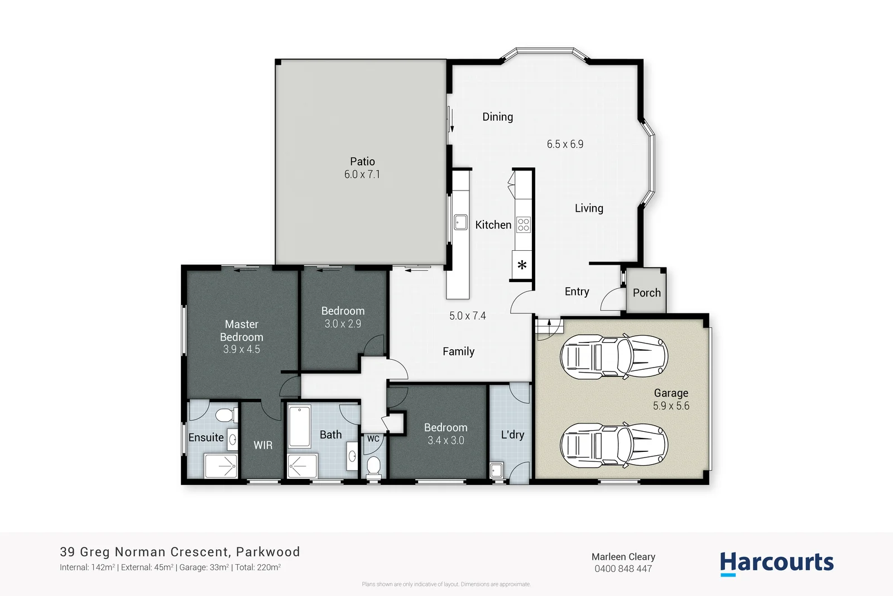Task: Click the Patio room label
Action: (x=362, y=161)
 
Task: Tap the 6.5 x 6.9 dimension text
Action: (x=565, y=144)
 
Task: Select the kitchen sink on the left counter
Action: (x=460, y=222)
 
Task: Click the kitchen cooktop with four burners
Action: (x=523, y=225)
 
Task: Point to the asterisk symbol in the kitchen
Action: (x=522, y=265)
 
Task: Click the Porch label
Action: (x=646, y=293)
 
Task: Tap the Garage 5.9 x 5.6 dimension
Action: (x=671, y=406)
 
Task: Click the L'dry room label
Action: (x=512, y=435)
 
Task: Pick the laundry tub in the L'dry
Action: (x=497, y=470)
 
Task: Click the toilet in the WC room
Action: (x=373, y=465)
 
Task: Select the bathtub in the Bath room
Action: (x=299, y=427)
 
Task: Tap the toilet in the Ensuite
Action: (x=225, y=415)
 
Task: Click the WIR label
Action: (x=263, y=445)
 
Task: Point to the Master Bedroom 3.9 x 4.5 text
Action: (x=241, y=349)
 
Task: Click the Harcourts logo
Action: (x=776, y=562)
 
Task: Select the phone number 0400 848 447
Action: (x=623, y=569)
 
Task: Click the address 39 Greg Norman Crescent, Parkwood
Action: (x=180, y=552)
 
